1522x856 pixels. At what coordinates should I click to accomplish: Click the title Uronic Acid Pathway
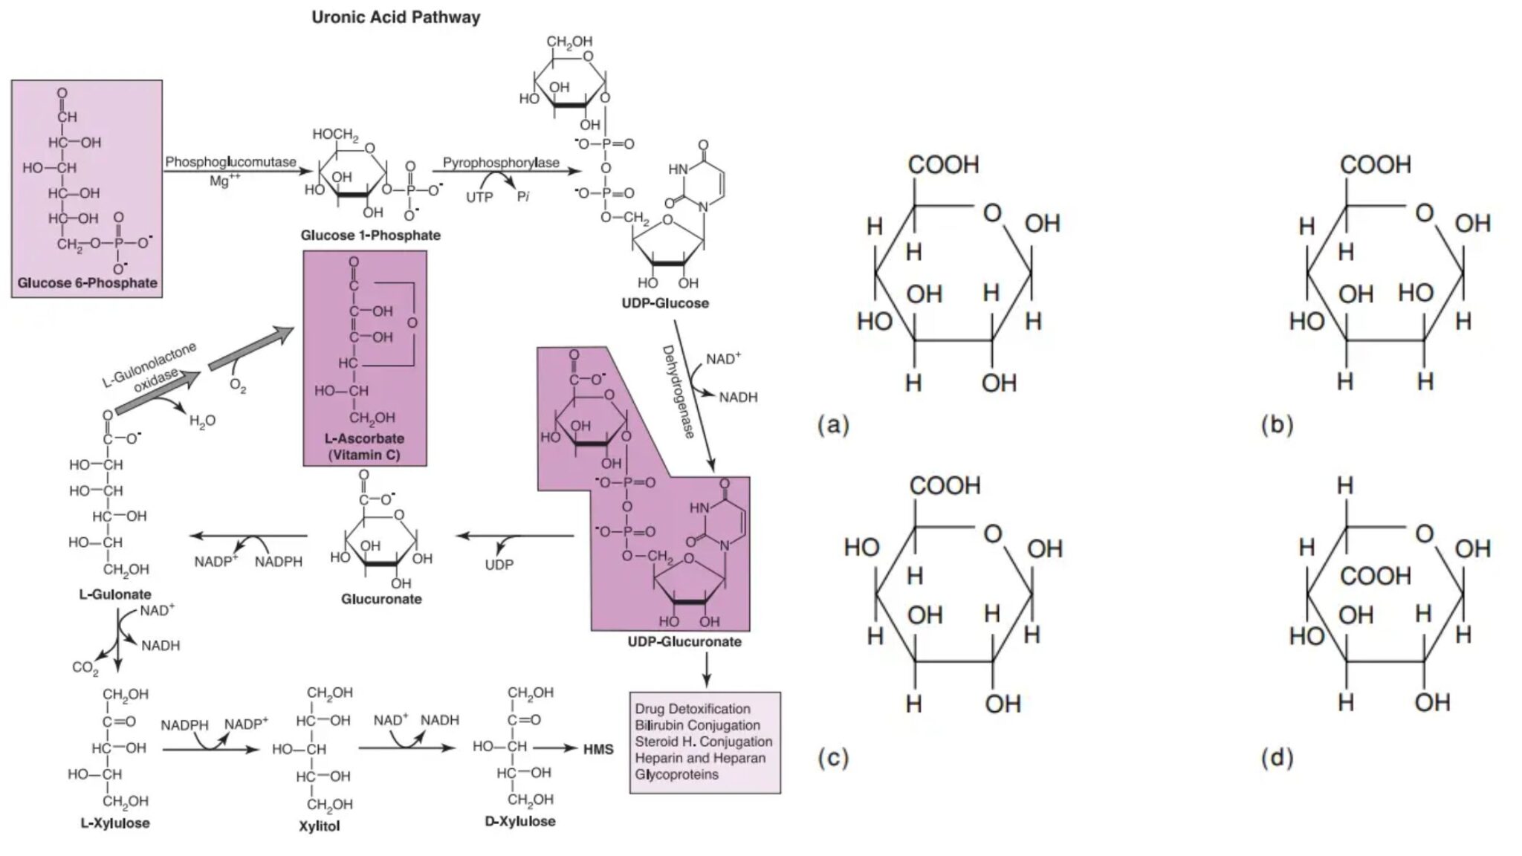[x=395, y=17]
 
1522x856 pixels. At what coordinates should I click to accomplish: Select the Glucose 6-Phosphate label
[x=87, y=283]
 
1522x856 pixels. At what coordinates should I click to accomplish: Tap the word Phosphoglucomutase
[x=230, y=162]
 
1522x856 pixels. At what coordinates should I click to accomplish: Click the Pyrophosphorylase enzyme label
[x=501, y=163]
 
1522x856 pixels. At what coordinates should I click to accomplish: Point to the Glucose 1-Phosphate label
[x=370, y=236]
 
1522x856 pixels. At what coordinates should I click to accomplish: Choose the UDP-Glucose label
[x=665, y=303]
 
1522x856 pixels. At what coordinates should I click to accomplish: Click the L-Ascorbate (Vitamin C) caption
[x=364, y=447]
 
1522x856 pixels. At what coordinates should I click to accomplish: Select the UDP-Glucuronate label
[x=684, y=642]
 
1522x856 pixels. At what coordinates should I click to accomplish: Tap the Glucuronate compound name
[x=381, y=599]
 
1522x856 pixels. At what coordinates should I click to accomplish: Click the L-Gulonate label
[x=115, y=594]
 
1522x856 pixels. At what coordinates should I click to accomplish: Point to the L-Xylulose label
[x=115, y=823]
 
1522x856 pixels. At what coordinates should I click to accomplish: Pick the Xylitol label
[x=319, y=826]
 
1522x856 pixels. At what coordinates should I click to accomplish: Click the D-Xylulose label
[x=519, y=822]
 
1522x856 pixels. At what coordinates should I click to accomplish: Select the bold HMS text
[x=598, y=750]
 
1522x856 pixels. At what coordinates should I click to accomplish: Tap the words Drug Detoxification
[x=692, y=709]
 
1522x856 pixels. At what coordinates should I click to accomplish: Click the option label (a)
[x=832, y=425]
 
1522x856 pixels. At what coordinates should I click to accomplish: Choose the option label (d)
[x=1277, y=758]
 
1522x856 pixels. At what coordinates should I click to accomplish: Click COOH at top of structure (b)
[x=1375, y=164]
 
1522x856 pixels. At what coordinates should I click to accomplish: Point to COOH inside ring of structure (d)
[x=1375, y=576]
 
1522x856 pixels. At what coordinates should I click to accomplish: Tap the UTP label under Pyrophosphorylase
[x=479, y=198]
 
